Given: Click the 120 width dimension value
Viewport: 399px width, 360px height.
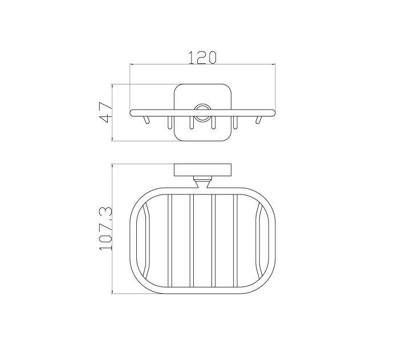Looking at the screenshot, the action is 202,58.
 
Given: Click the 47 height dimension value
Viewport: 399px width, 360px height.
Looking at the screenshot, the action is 106,112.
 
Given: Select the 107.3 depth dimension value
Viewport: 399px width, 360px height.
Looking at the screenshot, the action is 106,229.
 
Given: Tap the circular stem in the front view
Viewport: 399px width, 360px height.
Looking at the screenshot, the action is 202,112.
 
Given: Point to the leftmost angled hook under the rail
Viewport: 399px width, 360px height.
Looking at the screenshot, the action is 146,120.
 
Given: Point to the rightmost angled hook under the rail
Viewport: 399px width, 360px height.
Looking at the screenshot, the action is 259,120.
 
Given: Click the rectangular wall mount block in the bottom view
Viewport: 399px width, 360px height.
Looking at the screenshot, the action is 202,170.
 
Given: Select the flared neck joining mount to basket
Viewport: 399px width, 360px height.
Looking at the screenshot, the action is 202,182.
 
